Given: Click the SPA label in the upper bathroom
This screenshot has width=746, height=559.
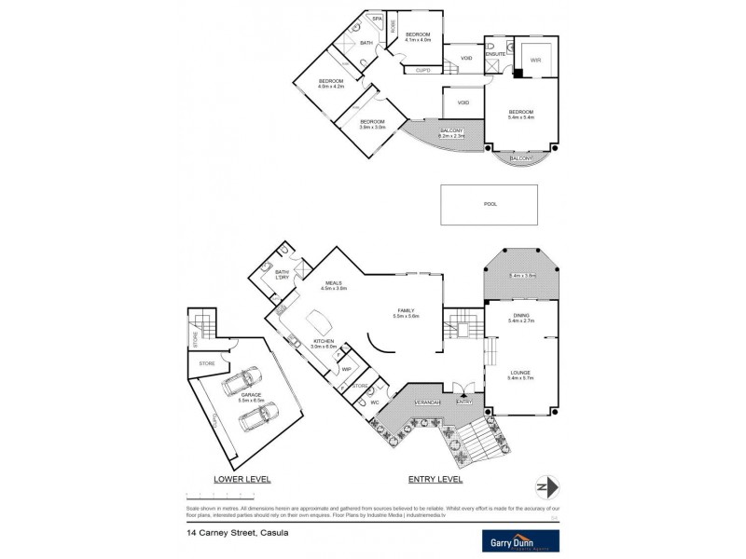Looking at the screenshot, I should (x=377, y=19).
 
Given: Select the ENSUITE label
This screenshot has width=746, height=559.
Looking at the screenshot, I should (x=496, y=54).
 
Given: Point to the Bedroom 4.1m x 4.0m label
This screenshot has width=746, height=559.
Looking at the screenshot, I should (x=419, y=36).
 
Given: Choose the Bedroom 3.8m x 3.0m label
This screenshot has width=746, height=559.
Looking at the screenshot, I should (x=372, y=124).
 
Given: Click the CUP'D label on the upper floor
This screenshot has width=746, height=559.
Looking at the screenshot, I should (x=421, y=69).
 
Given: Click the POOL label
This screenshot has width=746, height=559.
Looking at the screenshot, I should (x=490, y=203).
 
